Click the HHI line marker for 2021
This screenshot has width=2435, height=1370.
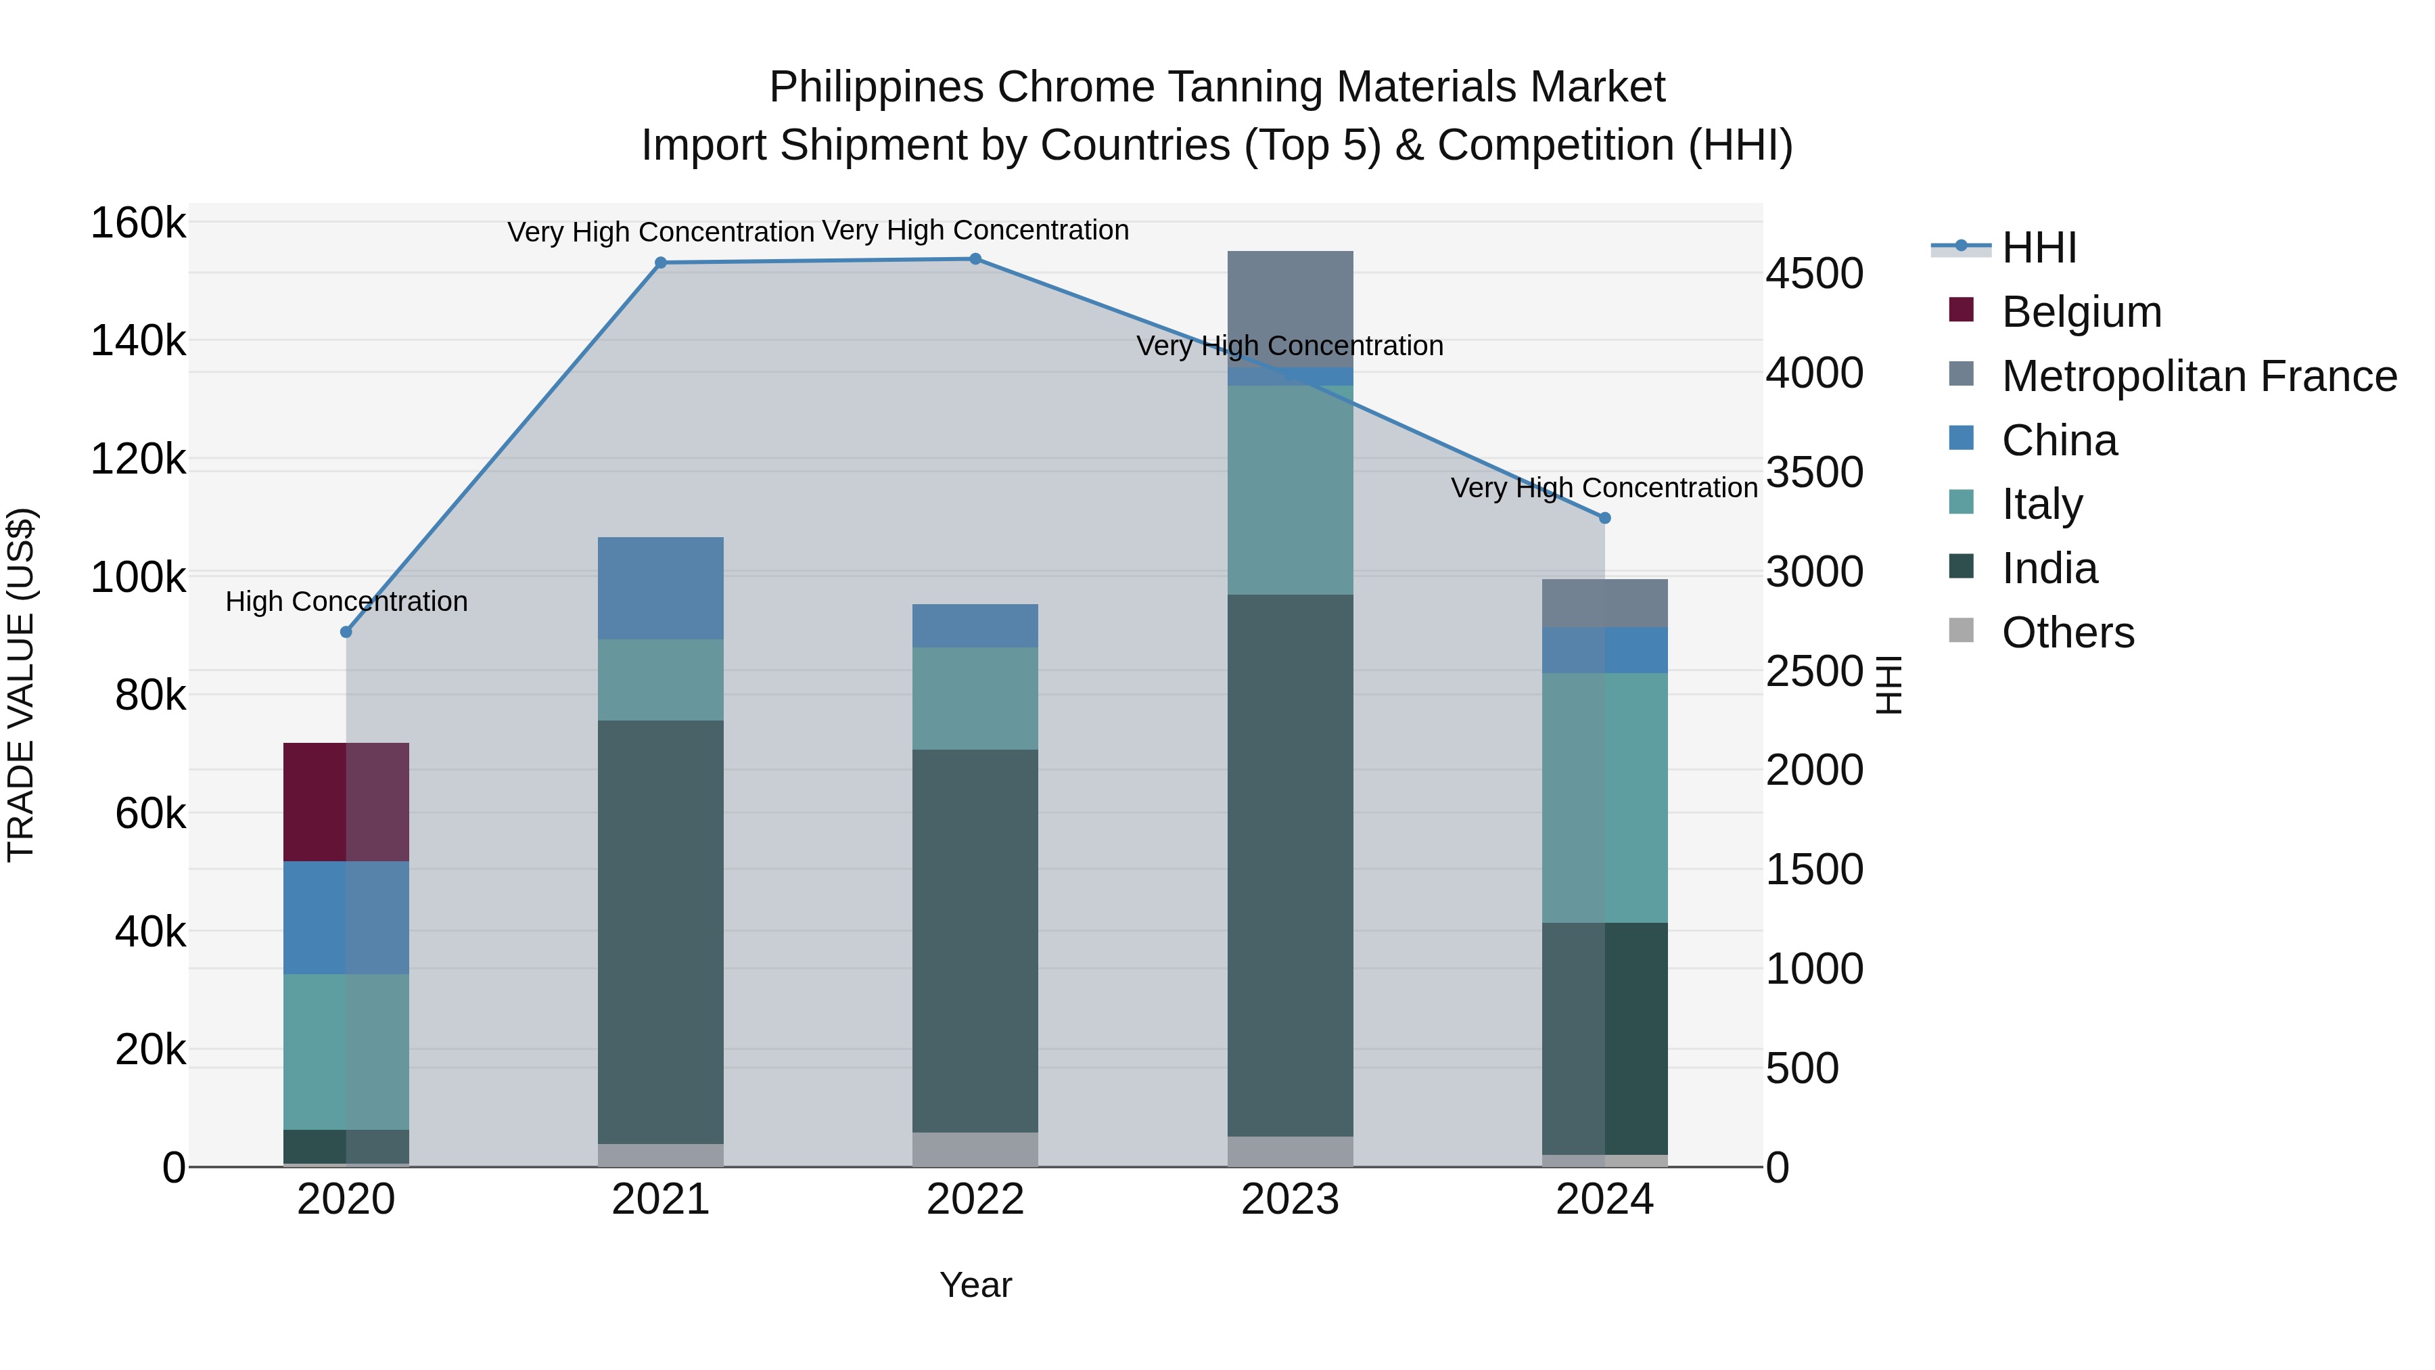(x=661, y=263)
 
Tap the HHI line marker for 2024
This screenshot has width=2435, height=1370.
(x=1604, y=518)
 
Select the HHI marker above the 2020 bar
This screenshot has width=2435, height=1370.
(x=346, y=632)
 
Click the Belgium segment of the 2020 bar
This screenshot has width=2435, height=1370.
(x=346, y=802)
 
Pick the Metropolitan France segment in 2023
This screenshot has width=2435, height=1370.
(x=1291, y=309)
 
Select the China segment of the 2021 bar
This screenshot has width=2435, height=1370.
(x=661, y=588)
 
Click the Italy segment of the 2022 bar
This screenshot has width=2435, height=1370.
(x=975, y=698)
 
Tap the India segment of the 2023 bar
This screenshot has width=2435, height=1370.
(x=1291, y=865)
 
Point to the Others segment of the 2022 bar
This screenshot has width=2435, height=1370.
(x=975, y=1149)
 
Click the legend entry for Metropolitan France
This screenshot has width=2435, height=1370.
(x=2199, y=376)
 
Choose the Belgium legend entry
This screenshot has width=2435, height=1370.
(x=2081, y=312)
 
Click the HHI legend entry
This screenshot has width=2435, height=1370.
(x=2039, y=248)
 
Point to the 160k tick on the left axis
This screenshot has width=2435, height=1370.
(x=138, y=224)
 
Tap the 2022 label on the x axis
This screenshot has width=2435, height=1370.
(x=975, y=1200)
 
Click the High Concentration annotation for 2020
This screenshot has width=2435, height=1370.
(x=346, y=601)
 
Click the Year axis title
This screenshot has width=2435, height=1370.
(x=975, y=1285)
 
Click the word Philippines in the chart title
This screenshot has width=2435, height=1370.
(x=876, y=87)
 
